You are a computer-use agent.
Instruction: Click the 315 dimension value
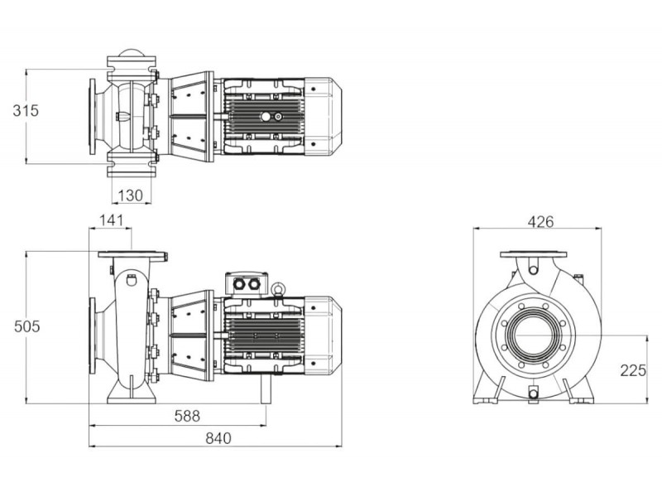(26, 111)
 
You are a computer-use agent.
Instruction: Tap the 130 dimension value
(131, 195)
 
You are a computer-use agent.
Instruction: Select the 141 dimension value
(112, 220)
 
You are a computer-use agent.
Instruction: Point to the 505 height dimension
(27, 326)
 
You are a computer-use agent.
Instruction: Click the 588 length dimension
(187, 417)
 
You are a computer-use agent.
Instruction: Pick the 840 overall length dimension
(218, 438)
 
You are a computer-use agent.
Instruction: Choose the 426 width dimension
(540, 222)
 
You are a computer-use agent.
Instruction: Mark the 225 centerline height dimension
(633, 370)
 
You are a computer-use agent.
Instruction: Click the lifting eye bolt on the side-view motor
(278, 289)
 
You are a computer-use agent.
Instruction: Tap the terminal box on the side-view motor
(247, 283)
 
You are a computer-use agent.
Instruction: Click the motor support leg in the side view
(266, 388)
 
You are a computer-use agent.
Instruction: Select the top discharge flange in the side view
(132, 255)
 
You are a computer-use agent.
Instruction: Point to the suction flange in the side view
(92, 336)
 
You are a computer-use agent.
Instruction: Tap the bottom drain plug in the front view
(534, 393)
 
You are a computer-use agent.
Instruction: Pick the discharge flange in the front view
(533, 254)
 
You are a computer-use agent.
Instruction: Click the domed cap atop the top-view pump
(131, 53)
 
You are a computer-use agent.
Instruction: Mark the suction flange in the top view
(92, 116)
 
